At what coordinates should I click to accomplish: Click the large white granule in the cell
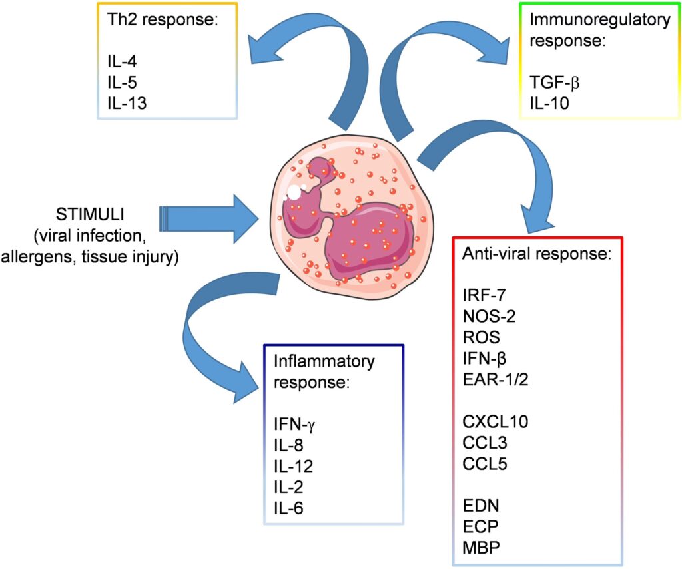click(294, 192)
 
